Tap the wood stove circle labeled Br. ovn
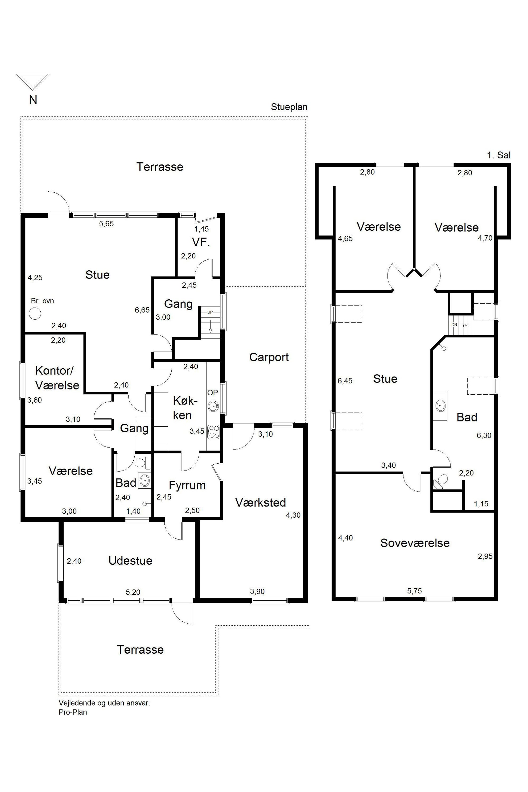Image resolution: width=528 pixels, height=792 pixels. tap(35, 314)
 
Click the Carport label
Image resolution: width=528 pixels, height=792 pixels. tap(269, 357)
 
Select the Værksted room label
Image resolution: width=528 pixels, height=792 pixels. tap(260, 502)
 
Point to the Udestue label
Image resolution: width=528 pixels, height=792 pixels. tap(130, 561)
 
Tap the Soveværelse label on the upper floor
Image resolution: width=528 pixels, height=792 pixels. tap(415, 543)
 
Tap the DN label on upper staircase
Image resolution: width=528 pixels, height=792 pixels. tap(454, 325)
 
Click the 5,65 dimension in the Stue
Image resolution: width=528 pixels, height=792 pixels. tap(106, 224)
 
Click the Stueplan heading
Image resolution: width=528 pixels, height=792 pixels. tap(289, 107)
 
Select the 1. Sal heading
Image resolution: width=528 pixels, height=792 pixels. tap(499, 155)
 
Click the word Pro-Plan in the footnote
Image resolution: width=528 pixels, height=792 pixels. tap(73, 712)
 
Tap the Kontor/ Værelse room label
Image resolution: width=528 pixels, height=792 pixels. tap(57, 378)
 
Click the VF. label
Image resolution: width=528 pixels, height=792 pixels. tap(201, 242)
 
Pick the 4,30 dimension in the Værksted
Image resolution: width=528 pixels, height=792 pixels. tap(293, 515)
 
